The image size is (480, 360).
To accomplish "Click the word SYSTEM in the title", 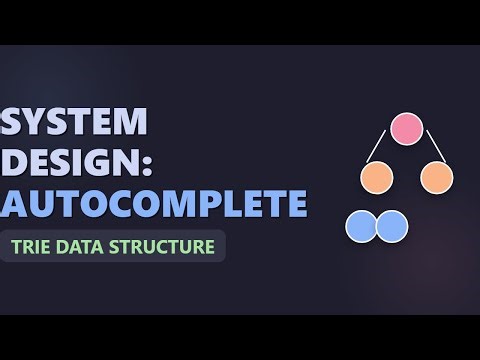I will tap(76, 123).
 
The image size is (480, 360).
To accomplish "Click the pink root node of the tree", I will tap(405, 129).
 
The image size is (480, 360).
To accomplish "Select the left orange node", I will tap(377, 178).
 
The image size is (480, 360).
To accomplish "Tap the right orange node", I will tap(437, 178).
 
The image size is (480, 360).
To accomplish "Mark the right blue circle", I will tap(391, 226).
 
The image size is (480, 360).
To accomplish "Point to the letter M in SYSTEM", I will tap(130, 123).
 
